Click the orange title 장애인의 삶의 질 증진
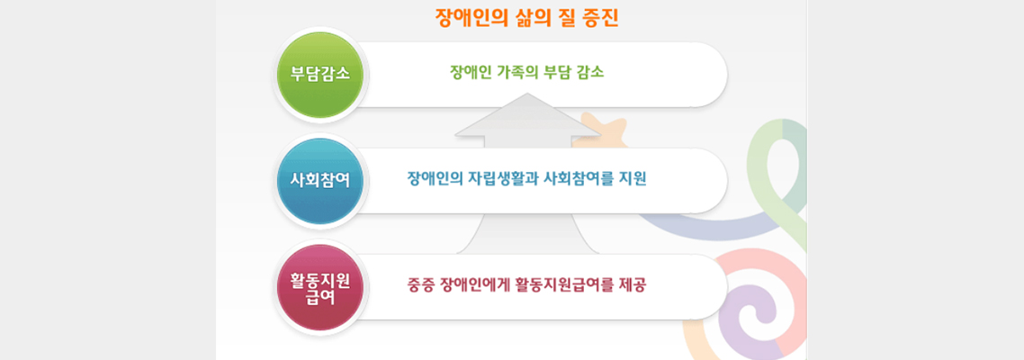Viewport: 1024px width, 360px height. [527, 18]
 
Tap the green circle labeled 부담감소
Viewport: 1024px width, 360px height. [320, 75]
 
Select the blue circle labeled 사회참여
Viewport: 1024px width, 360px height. [320, 181]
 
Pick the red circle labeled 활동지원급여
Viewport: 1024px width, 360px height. [320, 287]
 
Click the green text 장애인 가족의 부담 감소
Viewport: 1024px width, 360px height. [527, 73]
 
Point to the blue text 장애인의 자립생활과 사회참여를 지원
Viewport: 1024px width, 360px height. [526, 178]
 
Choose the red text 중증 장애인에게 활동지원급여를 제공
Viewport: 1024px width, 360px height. [526, 285]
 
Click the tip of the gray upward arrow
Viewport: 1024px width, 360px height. [526, 94]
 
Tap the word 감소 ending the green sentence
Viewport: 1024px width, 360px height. [591, 73]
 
